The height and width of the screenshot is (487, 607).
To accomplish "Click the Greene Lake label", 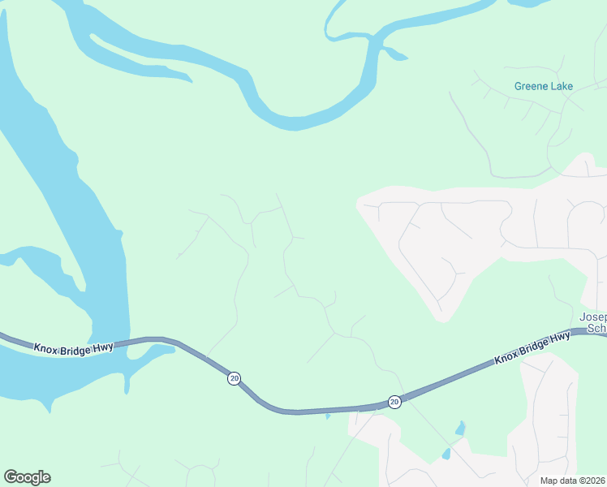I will click(543, 86).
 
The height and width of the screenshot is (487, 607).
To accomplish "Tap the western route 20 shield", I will click(234, 379).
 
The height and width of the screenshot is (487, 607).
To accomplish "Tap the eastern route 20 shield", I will click(394, 402).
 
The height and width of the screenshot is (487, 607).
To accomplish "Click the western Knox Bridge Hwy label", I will click(73, 347).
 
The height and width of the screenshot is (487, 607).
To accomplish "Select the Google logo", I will click(27, 477).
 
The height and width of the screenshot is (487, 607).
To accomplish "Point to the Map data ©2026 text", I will click(573, 481).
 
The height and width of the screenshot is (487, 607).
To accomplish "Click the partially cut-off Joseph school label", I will click(593, 322).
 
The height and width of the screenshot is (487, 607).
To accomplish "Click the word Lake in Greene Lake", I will click(561, 86).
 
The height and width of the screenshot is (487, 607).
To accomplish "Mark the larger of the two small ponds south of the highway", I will click(461, 427).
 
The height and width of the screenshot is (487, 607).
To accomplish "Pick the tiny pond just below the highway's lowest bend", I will click(327, 416).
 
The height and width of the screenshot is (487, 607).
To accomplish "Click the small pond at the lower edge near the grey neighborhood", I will click(446, 454).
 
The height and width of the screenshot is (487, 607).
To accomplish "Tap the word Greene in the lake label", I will click(530, 86).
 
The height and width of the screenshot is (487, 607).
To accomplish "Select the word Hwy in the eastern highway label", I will click(558, 338).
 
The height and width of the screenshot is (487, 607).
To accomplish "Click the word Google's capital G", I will click(10, 477).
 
